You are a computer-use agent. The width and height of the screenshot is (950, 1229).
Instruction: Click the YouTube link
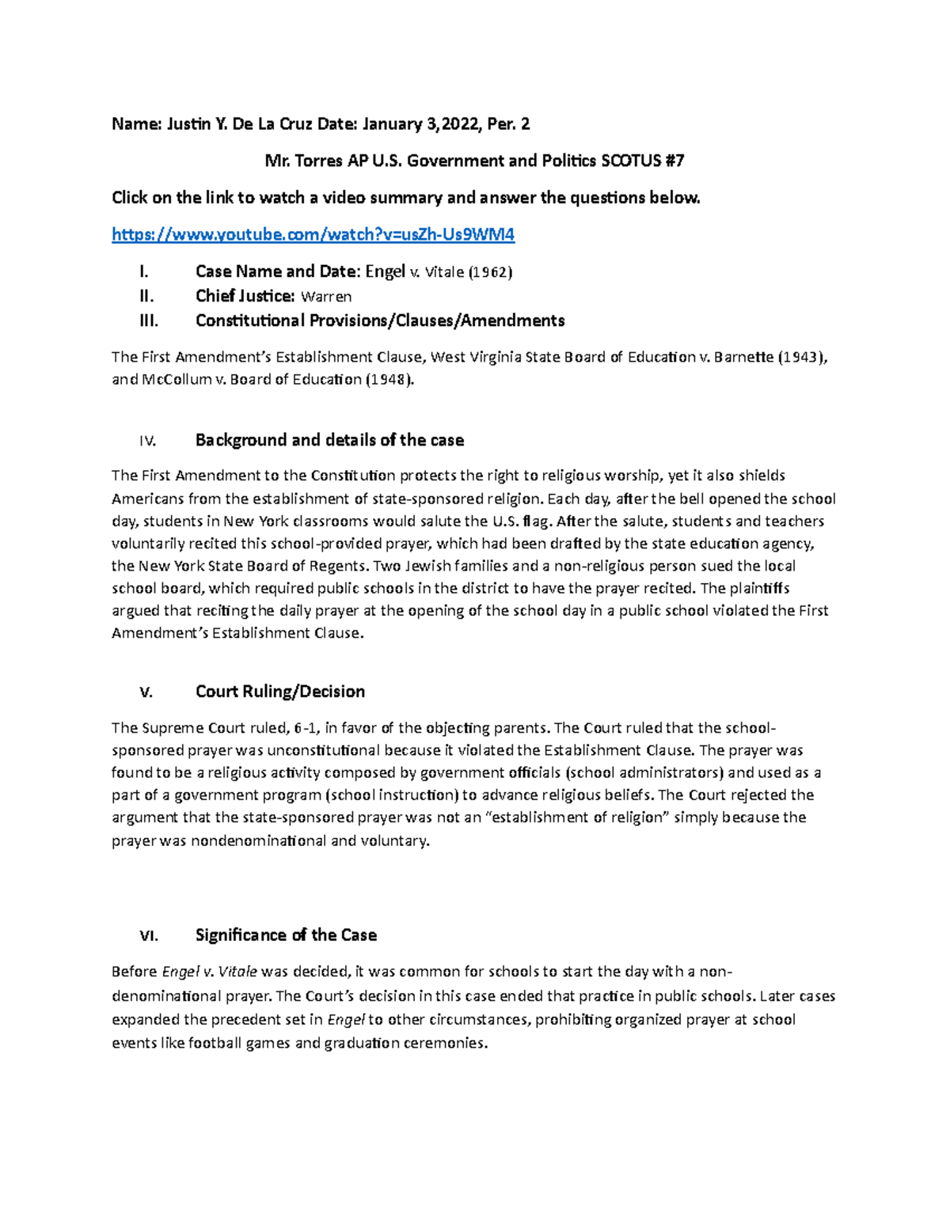pos(313,235)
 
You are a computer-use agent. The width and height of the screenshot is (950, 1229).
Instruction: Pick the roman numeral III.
pos(148,321)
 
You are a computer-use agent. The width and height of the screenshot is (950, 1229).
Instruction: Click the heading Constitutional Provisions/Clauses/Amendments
pos(380,321)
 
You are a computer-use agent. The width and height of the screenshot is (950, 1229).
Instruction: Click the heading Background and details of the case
pos(329,440)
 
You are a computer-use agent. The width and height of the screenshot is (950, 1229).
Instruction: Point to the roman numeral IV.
pos(147,441)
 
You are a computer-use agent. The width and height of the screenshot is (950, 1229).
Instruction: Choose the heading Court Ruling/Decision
pos(280,692)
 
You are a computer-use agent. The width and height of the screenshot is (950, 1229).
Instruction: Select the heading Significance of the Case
pos(286,935)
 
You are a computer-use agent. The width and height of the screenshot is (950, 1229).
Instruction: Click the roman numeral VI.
pos(148,936)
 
